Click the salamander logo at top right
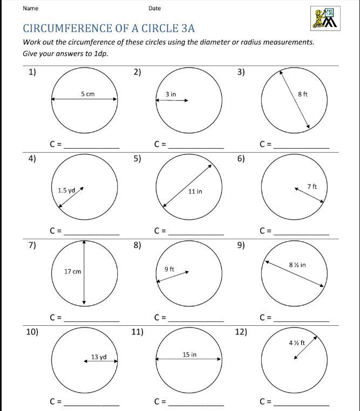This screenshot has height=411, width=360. pos(324,18)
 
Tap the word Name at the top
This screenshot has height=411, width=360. pos(31,8)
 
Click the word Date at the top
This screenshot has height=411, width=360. pos(155,8)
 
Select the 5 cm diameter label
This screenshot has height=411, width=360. pos(87,94)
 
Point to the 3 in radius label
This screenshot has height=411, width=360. pos(171,94)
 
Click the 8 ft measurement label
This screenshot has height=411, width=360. pos(303,94)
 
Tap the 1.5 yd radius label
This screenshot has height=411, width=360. pos(66,190)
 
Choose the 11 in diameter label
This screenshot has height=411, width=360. pos(195,191)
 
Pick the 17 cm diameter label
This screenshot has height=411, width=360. pos(72,271)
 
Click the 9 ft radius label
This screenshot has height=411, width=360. pos(169,269)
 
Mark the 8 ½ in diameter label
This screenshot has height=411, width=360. pos(297,265)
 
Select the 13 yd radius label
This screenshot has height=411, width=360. pos(99,357)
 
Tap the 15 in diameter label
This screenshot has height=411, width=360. pos(189,354)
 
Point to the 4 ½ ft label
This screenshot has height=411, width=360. pos(297,342)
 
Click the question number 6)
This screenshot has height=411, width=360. pos(241,158)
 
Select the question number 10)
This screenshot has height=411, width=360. pos(32,332)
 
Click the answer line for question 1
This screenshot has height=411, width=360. pos(92,146)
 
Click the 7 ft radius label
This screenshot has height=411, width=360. pos(312,186)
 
